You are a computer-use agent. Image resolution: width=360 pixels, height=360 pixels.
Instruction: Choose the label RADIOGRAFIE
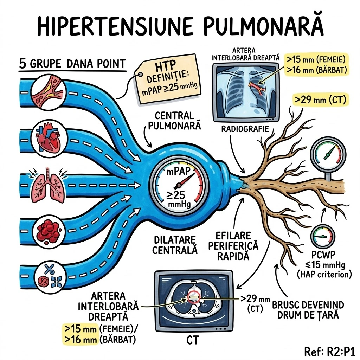(x=245, y=129)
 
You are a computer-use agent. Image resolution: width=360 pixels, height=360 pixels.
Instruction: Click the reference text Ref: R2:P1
(x=329, y=351)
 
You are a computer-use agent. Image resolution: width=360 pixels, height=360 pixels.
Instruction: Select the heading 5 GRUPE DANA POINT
(x=72, y=64)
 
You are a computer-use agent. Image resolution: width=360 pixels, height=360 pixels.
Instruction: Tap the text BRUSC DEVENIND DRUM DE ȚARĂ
(x=308, y=310)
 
